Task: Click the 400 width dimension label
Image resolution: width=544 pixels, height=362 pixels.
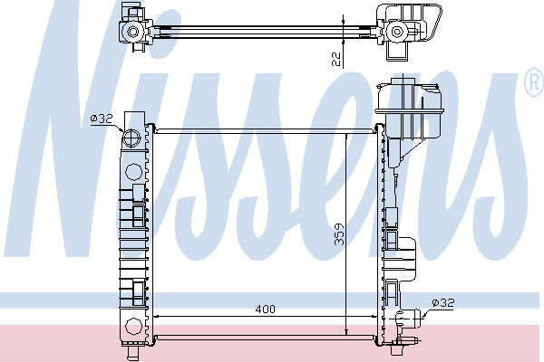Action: tap(265, 309)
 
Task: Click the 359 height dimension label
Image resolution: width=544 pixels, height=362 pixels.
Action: tap(339, 234)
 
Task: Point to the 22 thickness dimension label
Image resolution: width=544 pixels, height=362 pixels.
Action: tap(336, 59)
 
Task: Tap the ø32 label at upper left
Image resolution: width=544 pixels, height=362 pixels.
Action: tap(102, 119)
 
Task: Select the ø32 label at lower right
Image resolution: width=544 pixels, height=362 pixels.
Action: tap(443, 303)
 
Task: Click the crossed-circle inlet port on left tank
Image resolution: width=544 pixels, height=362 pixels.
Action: tap(131, 138)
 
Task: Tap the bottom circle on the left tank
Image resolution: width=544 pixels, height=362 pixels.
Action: tap(133, 328)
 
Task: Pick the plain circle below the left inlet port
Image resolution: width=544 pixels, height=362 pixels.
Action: tap(133, 172)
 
